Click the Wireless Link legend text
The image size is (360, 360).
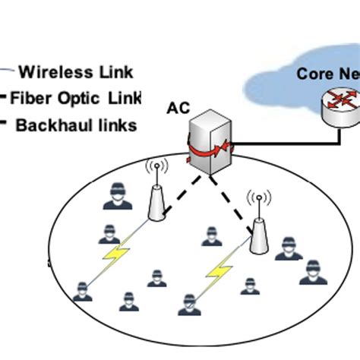coord(75,73)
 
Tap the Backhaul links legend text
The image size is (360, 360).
coord(76,125)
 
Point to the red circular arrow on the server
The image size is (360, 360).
coord(209,150)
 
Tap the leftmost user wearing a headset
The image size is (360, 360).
coord(81,292)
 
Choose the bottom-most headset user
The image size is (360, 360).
coord(187,305)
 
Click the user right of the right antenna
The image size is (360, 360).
coord(288,248)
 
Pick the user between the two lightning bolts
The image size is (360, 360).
coord(157,277)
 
